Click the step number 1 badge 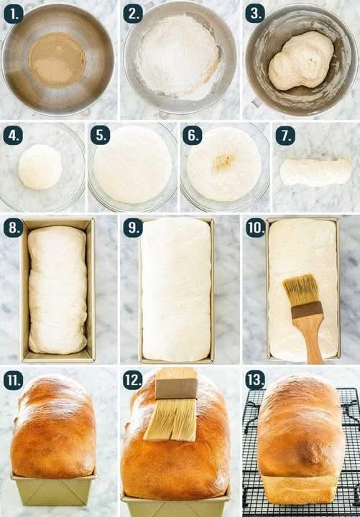pos(13,14)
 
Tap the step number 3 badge pos(255,14)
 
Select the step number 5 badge pos(101,135)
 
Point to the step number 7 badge pos(285,135)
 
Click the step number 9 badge pos(133,228)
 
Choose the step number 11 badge pos(13,380)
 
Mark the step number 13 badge pos(255,380)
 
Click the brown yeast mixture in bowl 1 pos(57,60)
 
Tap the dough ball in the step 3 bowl pos(300,61)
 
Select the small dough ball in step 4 pos(40,167)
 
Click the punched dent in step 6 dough pos(223,162)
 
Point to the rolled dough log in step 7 pos(315,172)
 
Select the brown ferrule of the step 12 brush pos(176,388)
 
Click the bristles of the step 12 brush pos(171,419)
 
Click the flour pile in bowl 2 pos(179,57)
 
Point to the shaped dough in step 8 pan pos(57,289)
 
